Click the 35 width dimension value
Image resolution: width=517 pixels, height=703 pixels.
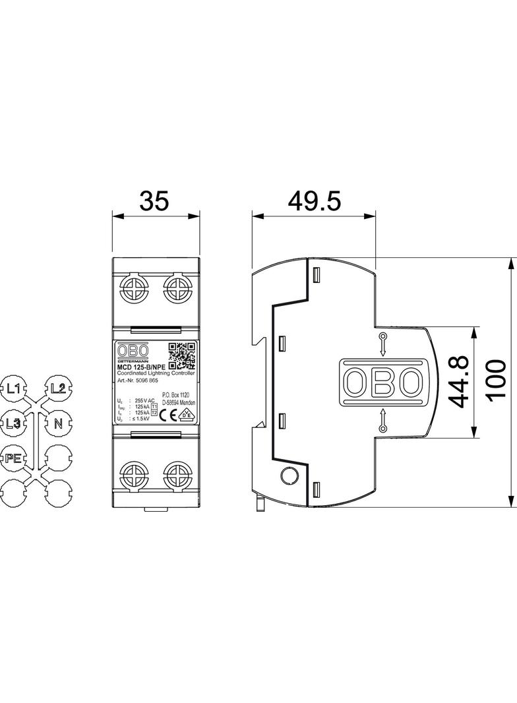tap(154, 200)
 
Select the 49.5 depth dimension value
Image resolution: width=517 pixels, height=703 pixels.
tap(315, 200)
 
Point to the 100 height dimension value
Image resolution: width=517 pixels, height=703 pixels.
tap(497, 381)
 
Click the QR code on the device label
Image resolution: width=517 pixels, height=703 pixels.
tap(183, 355)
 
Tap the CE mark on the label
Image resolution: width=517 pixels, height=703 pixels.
tap(167, 415)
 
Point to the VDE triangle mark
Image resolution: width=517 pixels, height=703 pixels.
tap(187, 415)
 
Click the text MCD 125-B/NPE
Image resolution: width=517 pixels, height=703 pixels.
tap(141, 367)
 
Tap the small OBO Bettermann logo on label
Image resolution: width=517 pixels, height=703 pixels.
tap(133, 352)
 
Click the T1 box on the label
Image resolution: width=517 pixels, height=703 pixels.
tap(154, 407)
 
